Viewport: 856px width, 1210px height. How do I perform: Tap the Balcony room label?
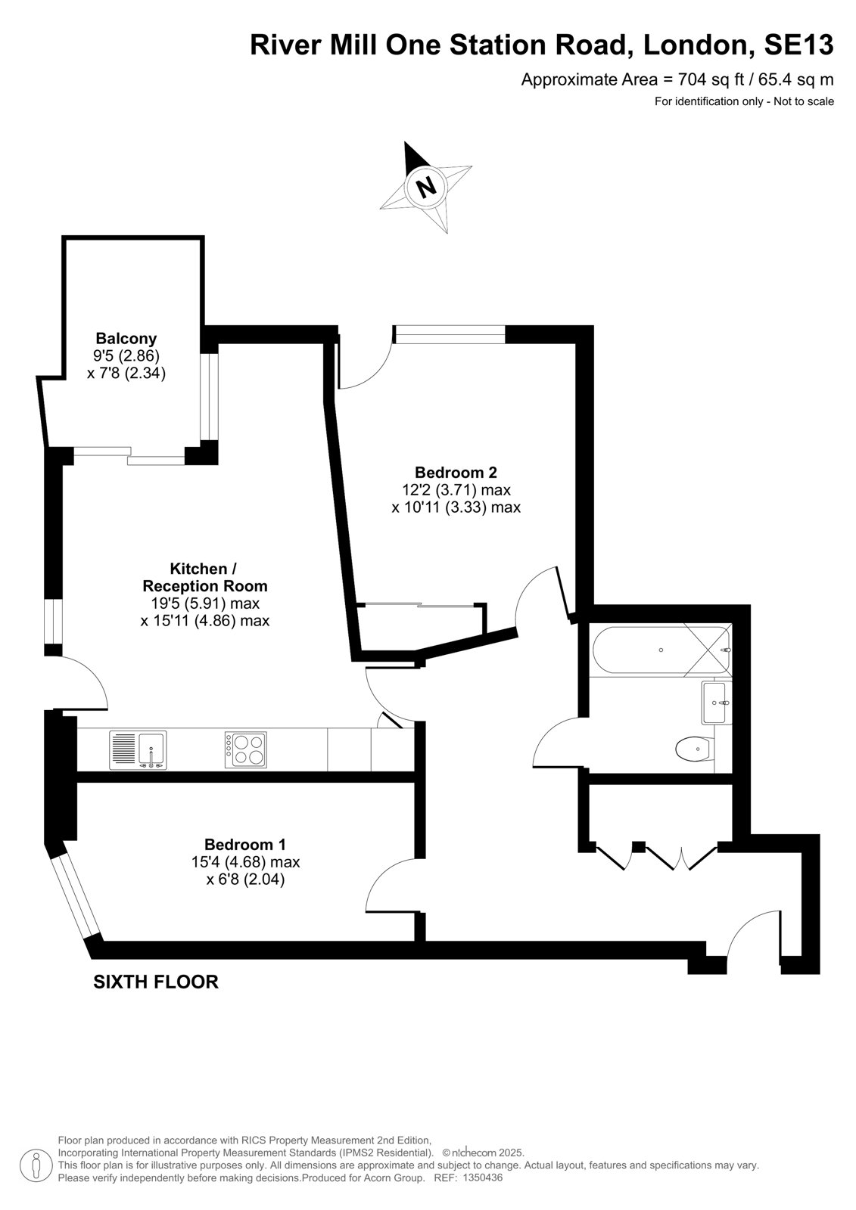[126, 339]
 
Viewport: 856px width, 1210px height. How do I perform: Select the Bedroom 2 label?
[456, 472]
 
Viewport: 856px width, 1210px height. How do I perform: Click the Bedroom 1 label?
[245, 844]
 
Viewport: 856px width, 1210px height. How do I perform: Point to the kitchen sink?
[138, 749]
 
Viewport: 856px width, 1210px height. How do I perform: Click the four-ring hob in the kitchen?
[245, 749]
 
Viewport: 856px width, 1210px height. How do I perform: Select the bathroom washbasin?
[717, 703]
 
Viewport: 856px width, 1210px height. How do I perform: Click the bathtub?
[662, 650]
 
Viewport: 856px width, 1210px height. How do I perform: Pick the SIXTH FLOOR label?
[156, 982]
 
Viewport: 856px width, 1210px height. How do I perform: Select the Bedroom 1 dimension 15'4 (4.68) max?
[245, 861]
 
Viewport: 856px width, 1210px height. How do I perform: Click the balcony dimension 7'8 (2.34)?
[126, 374]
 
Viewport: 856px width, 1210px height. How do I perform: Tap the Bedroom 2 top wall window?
[450, 334]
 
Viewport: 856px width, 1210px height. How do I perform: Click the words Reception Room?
[205, 585]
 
